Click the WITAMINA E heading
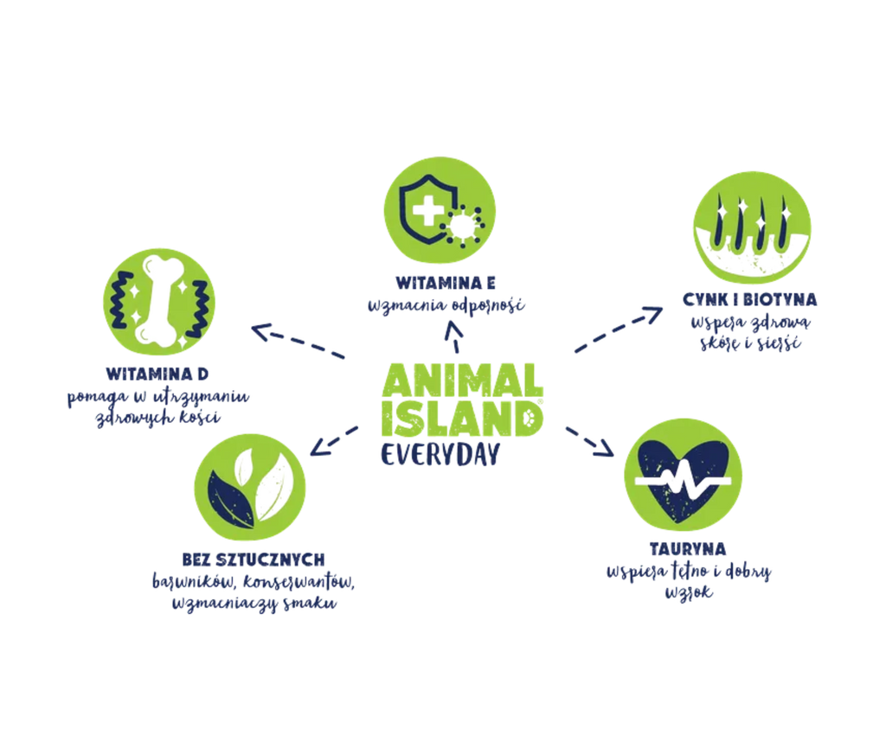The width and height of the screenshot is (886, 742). (x=446, y=282)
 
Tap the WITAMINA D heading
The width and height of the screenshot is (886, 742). (x=157, y=374)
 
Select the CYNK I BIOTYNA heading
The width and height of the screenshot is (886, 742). (x=750, y=299)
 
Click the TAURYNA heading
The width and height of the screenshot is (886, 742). (x=688, y=549)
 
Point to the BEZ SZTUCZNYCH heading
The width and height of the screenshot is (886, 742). (x=254, y=560)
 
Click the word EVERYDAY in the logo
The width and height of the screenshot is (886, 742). (x=440, y=455)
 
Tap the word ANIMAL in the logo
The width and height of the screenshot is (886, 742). (x=462, y=380)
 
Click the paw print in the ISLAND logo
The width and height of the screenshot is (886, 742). (x=530, y=419)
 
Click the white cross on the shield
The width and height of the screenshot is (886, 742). (x=427, y=211)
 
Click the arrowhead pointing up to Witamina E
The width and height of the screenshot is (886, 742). (x=453, y=328)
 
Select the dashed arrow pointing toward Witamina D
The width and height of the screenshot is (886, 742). (x=298, y=341)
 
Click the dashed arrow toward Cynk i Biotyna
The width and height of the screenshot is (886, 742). (x=619, y=329)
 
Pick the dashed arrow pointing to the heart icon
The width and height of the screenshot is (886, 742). (x=590, y=442)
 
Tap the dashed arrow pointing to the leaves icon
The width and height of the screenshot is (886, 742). (x=334, y=441)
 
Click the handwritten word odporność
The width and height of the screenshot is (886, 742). (x=488, y=305)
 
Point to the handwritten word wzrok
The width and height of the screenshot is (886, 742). (x=688, y=592)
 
